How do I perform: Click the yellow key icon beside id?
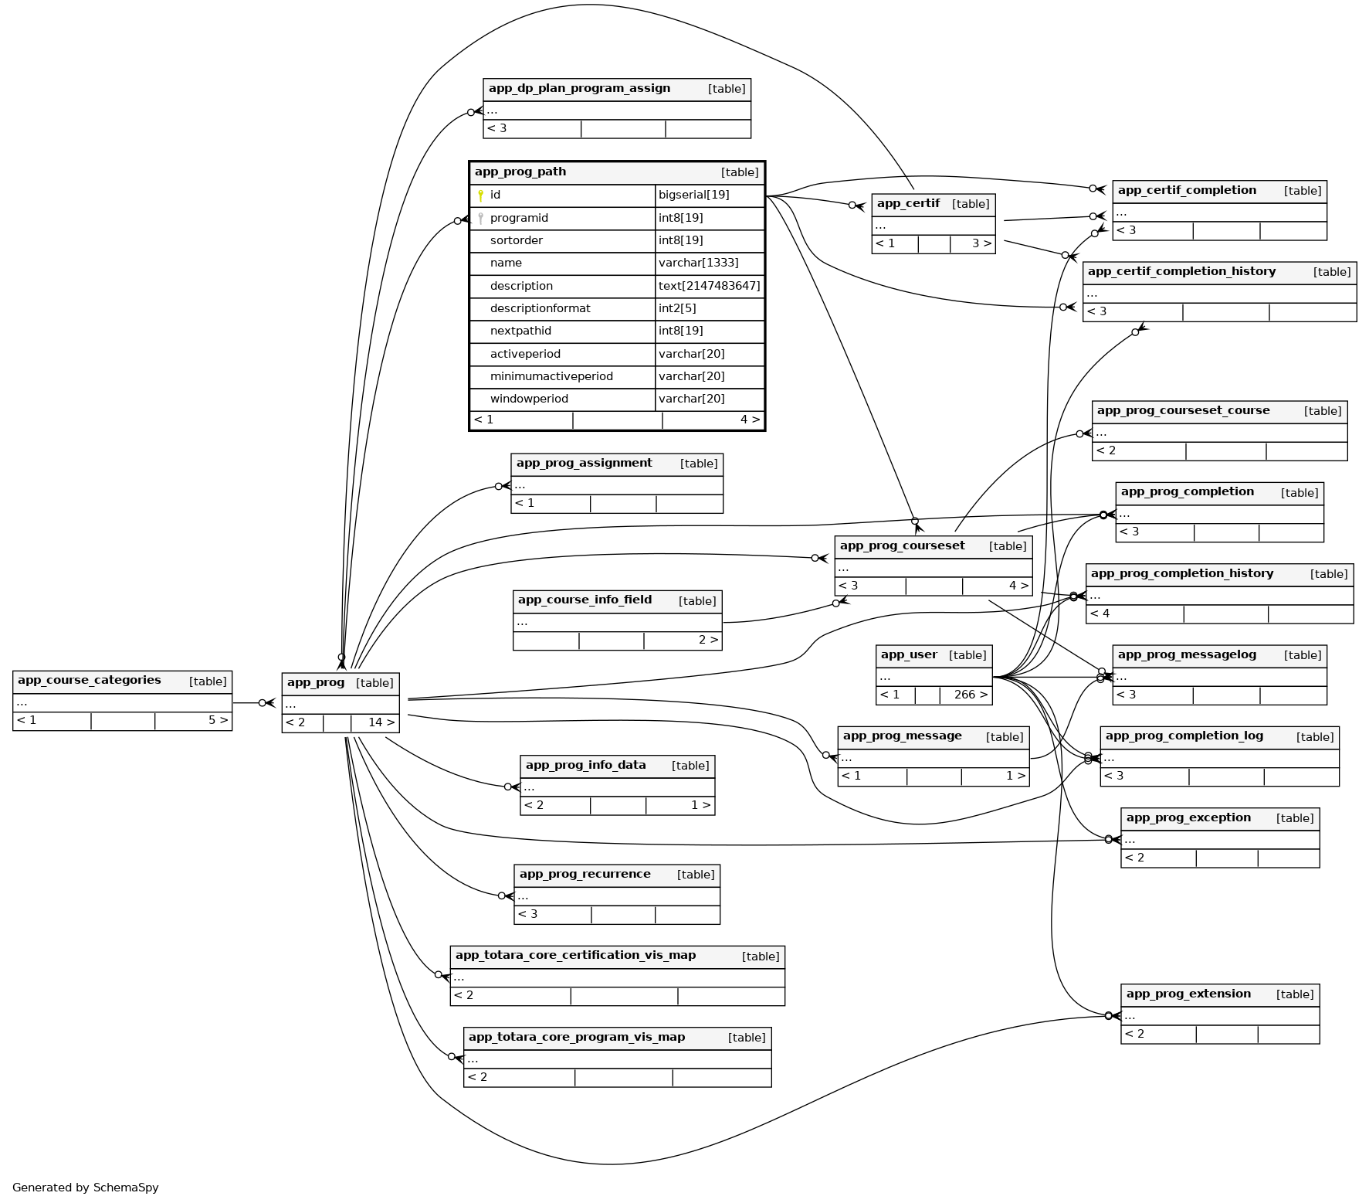coord(480,195)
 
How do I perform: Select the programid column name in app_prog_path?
coord(519,218)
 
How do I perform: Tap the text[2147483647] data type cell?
coord(709,286)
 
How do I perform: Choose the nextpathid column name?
coord(520,331)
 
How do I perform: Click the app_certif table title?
coord(908,203)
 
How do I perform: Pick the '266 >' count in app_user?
coord(971,695)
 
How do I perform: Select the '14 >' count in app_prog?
coord(381,722)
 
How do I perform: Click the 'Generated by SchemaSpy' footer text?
coord(85,1188)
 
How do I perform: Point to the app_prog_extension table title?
coord(1188,994)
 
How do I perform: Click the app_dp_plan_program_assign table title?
coord(579,88)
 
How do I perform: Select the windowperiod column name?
coord(529,399)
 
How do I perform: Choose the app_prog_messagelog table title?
coord(1187,654)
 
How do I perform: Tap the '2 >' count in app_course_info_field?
coord(708,640)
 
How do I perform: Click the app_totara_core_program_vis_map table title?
coord(576,1037)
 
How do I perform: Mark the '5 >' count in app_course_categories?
coord(218,720)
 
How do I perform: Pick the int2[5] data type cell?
coord(677,308)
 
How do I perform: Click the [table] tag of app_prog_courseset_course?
coord(1322,411)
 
